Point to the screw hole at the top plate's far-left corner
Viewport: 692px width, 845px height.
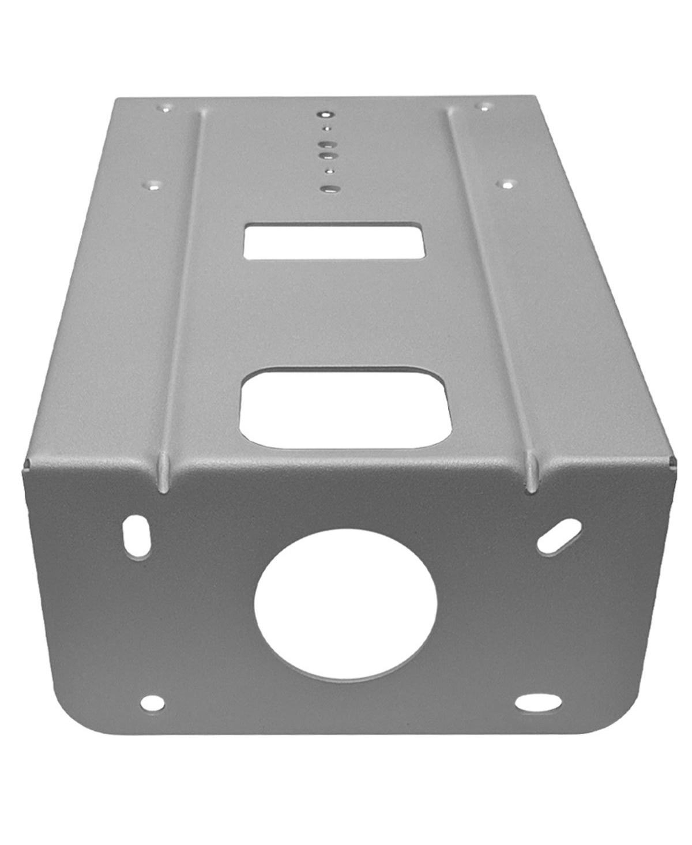tap(166, 108)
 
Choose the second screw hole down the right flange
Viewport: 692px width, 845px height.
tap(507, 185)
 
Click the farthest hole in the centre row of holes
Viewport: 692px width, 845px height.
tap(326, 114)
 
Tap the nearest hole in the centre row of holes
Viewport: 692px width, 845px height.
tap(329, 188)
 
